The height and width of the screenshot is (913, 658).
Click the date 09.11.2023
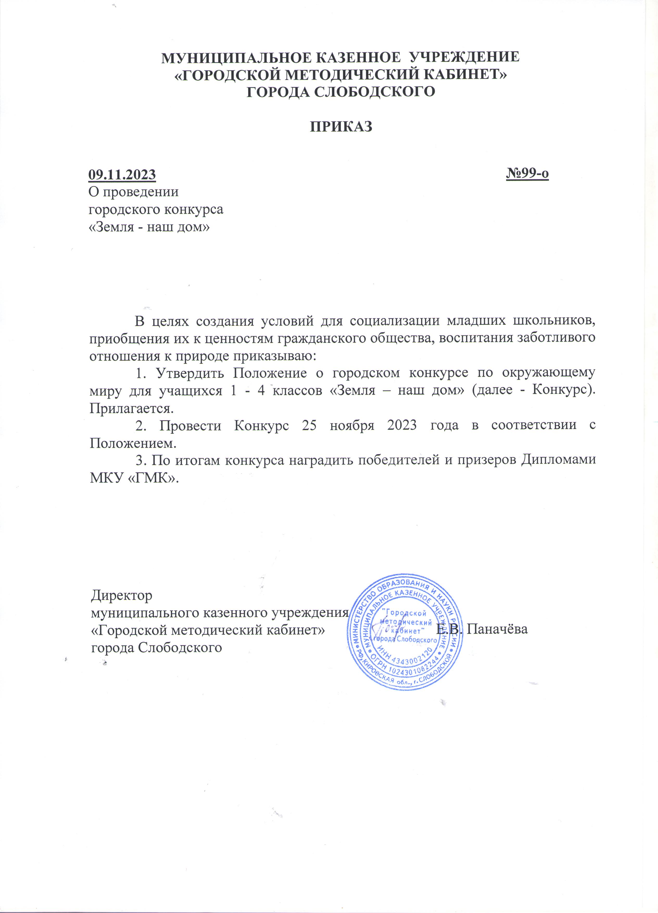(x=122, y=175)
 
